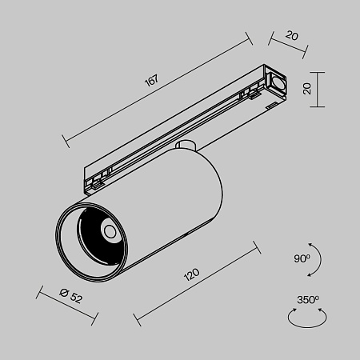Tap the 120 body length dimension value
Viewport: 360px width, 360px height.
[191, 276]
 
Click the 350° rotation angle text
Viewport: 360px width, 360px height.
[308, 300]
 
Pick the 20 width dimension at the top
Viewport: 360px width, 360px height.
[291, 36]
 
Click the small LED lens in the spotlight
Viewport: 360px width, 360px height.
[108, 232]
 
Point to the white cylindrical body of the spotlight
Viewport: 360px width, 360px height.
[172, 200]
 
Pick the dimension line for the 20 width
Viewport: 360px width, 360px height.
[287, 45]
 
